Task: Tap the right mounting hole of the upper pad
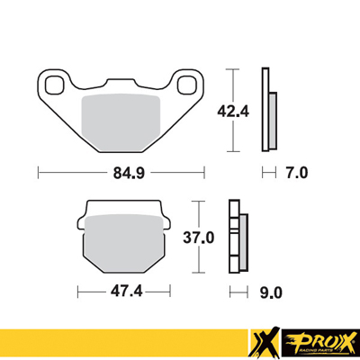(188, 85)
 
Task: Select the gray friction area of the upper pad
(120, 119)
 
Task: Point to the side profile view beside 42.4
(266, 109)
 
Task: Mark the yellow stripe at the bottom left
(117, 342)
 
